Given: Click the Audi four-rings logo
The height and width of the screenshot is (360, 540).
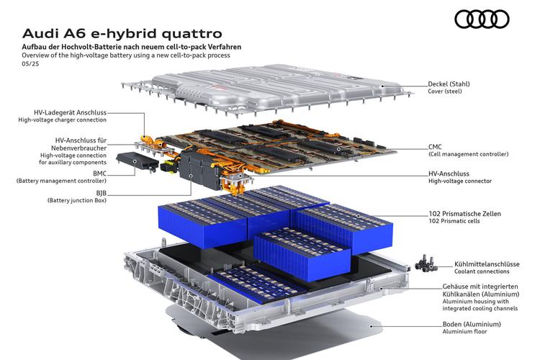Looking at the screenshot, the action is point(482,19).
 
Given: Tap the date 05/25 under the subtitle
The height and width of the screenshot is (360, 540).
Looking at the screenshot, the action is point(30,64).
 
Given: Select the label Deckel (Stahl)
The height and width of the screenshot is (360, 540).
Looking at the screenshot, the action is point(449,84).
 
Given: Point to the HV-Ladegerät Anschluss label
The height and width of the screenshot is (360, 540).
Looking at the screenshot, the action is point(71,112).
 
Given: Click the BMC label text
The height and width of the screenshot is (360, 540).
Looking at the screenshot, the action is point(99,174).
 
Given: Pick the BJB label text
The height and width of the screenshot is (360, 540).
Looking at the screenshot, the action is point(102,193).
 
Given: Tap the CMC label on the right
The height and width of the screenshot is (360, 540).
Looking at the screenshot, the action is point(435,147).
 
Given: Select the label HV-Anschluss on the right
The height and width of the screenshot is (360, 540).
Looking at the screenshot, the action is point(449,174).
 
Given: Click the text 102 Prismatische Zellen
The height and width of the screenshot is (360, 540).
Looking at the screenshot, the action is point(464,214).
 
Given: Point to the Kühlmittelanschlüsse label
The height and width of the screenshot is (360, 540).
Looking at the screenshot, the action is point(487,264).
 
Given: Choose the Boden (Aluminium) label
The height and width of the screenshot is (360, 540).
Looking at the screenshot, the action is point(472,324).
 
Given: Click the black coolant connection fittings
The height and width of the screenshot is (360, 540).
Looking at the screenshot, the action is point(426,264).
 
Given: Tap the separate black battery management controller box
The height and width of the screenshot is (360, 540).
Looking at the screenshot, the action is point(138,161).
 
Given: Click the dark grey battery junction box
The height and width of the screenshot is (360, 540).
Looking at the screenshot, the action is point(199,170).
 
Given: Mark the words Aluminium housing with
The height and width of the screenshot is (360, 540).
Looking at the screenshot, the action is point(476,302).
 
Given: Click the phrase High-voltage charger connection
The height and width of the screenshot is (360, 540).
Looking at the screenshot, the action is point(63,120).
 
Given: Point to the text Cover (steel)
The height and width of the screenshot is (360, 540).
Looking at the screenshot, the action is point(445,91).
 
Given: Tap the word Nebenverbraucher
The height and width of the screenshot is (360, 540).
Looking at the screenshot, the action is point(79,148).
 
